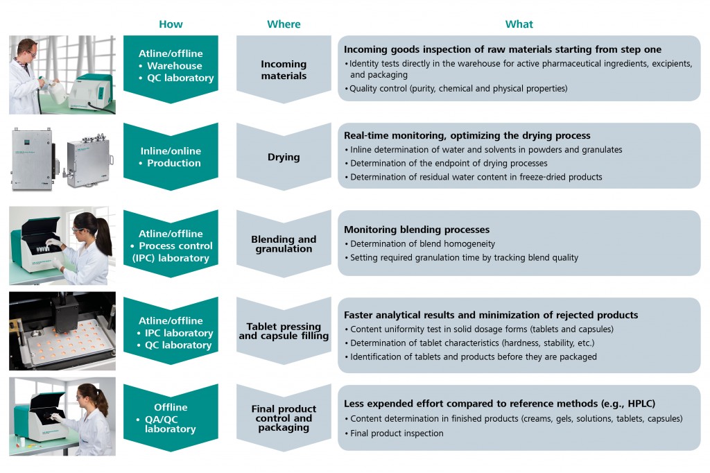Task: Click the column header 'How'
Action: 171,24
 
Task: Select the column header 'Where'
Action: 284,24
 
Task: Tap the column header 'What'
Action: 519,24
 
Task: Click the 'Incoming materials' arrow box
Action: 284,69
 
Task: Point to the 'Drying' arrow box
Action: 284,157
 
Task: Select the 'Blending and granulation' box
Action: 284,244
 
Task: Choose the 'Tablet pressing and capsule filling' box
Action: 284,332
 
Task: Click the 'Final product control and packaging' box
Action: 284,418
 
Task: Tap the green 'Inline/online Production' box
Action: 171,157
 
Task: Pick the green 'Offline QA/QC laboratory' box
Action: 171,418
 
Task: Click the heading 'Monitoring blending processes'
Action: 417,230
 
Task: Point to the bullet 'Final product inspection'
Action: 397,433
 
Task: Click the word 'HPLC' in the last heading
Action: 639,404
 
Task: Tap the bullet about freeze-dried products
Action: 476,177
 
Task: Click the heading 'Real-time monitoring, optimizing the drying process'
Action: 467,135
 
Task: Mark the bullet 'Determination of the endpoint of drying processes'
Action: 449,163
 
